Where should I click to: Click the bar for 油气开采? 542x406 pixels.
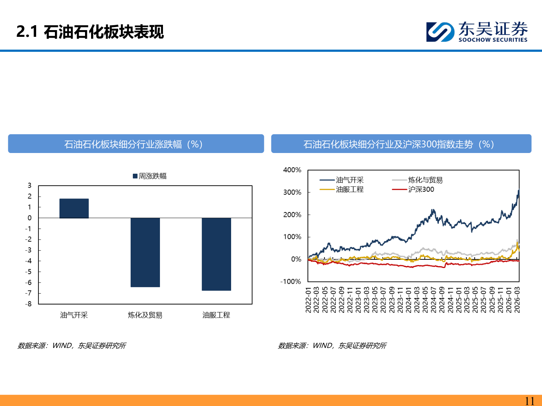(x=74, y=208)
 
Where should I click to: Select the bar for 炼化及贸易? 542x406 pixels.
(x=145, y=252)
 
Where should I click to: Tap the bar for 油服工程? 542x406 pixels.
(x=216, y=254)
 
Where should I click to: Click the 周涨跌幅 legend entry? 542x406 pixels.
(x=150, y=176)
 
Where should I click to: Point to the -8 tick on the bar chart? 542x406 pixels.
(x=29, y=304)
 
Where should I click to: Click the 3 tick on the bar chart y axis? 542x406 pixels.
(x=29, y=185)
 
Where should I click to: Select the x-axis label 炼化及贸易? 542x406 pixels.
(x=145, y=315)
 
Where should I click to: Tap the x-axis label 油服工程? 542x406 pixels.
(x=216, y=315)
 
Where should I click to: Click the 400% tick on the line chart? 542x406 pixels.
(x=292, y=170)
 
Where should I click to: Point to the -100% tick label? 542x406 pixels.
(x=291, y=282)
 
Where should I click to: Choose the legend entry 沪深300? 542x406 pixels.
(x=421, y=189)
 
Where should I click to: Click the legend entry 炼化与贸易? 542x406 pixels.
(x=425, y=180)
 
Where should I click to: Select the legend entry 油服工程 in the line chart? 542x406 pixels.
(x=350, y=189)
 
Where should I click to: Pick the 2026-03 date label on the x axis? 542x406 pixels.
(x=517, y=300)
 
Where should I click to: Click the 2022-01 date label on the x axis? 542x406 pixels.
(x=308, y=300)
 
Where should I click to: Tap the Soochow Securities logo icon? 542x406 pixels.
(x=440, y=32)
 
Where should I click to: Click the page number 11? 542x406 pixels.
(x=530, y=401)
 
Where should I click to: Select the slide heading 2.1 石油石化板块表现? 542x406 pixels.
(x=90, y=32)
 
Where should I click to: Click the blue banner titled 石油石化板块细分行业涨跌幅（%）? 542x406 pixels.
(x=136, y=144)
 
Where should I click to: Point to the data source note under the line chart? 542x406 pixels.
(x=332, y=345)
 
